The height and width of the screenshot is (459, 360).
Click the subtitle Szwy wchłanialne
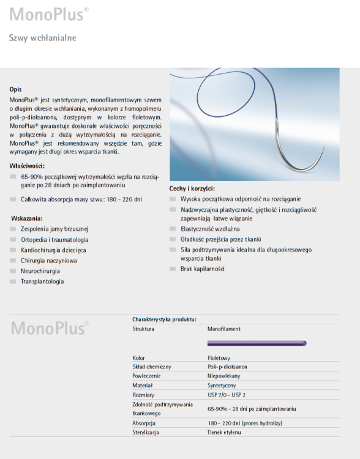42,38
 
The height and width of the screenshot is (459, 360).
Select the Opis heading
15,89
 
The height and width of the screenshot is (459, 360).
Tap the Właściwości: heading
27,165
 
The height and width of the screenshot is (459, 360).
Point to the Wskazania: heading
26,218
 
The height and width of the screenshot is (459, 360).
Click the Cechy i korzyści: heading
192,188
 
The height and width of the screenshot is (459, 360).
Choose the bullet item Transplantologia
42,282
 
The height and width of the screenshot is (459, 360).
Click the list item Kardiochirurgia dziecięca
53,250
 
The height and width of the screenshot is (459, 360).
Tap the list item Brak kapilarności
202,269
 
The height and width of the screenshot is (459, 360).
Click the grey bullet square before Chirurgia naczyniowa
14,261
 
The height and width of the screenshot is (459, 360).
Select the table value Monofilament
223,329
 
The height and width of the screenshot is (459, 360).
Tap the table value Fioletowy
219,358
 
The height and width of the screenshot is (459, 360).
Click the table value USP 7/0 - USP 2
226,395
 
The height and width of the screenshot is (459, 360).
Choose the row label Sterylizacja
146,432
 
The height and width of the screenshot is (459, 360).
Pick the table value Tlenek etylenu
224,432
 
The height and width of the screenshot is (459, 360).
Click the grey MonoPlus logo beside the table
50,328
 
